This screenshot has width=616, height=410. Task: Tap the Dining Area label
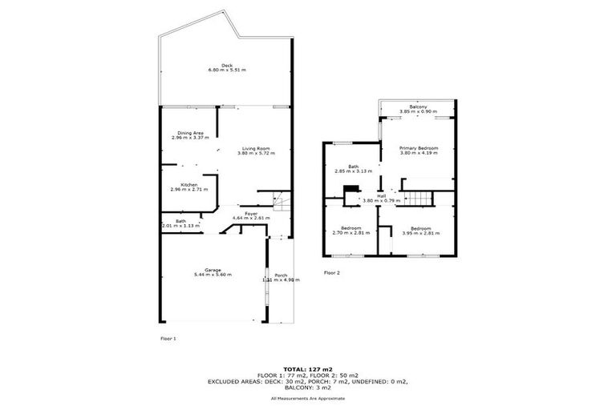pos(189,132)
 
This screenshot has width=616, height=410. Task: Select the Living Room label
pos(257,148)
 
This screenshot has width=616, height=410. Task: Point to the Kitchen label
pos(189,184)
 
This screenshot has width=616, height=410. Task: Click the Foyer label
pos(251,213)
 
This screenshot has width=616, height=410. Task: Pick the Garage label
pos(213,270)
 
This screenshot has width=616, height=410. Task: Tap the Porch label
pos(281,275)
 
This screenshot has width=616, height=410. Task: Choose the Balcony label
pos(417,107)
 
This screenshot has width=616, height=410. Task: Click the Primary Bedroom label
pos(419,148)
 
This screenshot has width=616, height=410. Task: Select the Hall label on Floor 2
pos(382,195)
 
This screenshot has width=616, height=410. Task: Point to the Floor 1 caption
pos(168,339)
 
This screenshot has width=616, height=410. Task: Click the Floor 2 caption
pos(332,272)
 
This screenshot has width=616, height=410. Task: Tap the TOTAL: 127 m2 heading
pos(308,369)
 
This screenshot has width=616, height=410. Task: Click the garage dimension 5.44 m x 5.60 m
pos(213,275)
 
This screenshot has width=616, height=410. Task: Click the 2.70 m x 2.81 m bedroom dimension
pos(351,233)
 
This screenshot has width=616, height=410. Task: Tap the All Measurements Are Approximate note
pos(308,398)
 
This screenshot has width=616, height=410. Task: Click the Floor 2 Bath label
pos(351,167)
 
